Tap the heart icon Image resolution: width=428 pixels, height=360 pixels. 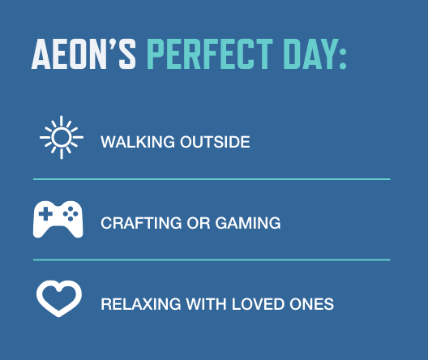pos(59,298)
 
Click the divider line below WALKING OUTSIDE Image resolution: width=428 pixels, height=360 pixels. pos(212,178)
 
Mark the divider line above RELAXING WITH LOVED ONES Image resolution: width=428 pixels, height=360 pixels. pos(212,259)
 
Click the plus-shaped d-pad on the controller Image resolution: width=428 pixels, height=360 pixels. pos(45,214)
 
